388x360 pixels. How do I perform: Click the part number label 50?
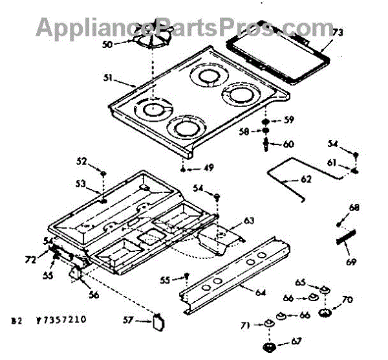click(107, 44)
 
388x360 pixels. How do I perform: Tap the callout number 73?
click(338, 32)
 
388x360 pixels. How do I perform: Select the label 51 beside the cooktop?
click(108, 79)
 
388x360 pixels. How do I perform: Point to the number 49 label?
click(208, 168)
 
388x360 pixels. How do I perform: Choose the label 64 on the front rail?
click(260, 293)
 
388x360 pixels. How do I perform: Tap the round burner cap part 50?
click(153, 39)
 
